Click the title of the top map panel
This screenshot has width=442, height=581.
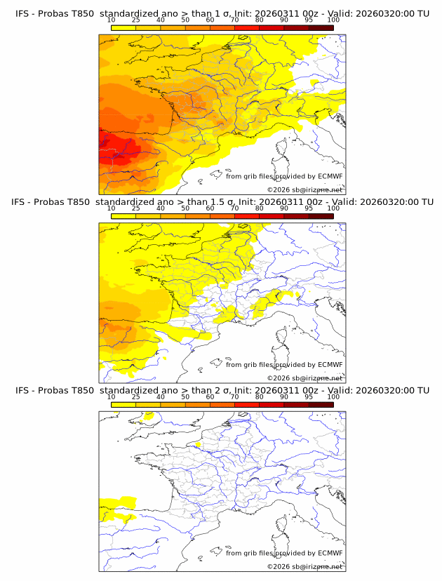221,13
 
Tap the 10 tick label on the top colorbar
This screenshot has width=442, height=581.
111,20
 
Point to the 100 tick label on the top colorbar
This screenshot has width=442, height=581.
333,20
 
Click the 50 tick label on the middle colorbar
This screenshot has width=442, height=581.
185,208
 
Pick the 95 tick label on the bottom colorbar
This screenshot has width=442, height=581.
309,396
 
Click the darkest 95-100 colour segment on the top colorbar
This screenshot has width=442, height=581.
321,27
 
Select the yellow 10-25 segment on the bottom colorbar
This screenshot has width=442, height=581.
123,403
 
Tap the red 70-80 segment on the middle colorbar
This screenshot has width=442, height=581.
247,215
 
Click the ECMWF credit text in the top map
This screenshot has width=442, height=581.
284,176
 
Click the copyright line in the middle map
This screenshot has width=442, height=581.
304,378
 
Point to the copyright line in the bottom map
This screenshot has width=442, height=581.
304,566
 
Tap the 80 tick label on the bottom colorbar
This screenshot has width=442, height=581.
260,396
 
